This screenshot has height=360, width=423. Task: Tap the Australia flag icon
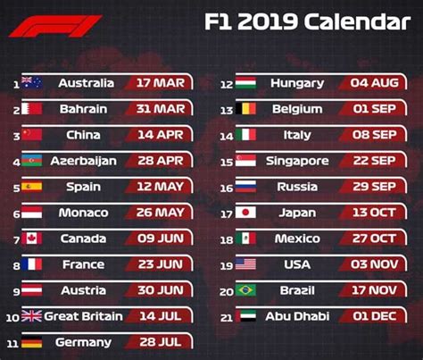click(32, 83)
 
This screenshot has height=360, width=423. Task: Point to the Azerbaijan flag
click(32, 161)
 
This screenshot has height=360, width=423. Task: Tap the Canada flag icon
click(32, 239)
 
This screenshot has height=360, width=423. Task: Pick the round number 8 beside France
click(15, 265)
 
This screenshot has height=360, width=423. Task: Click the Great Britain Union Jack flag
click(32, 316)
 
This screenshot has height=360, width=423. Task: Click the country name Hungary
click(299, 83)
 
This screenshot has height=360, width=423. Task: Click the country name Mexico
click(298, 239)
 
